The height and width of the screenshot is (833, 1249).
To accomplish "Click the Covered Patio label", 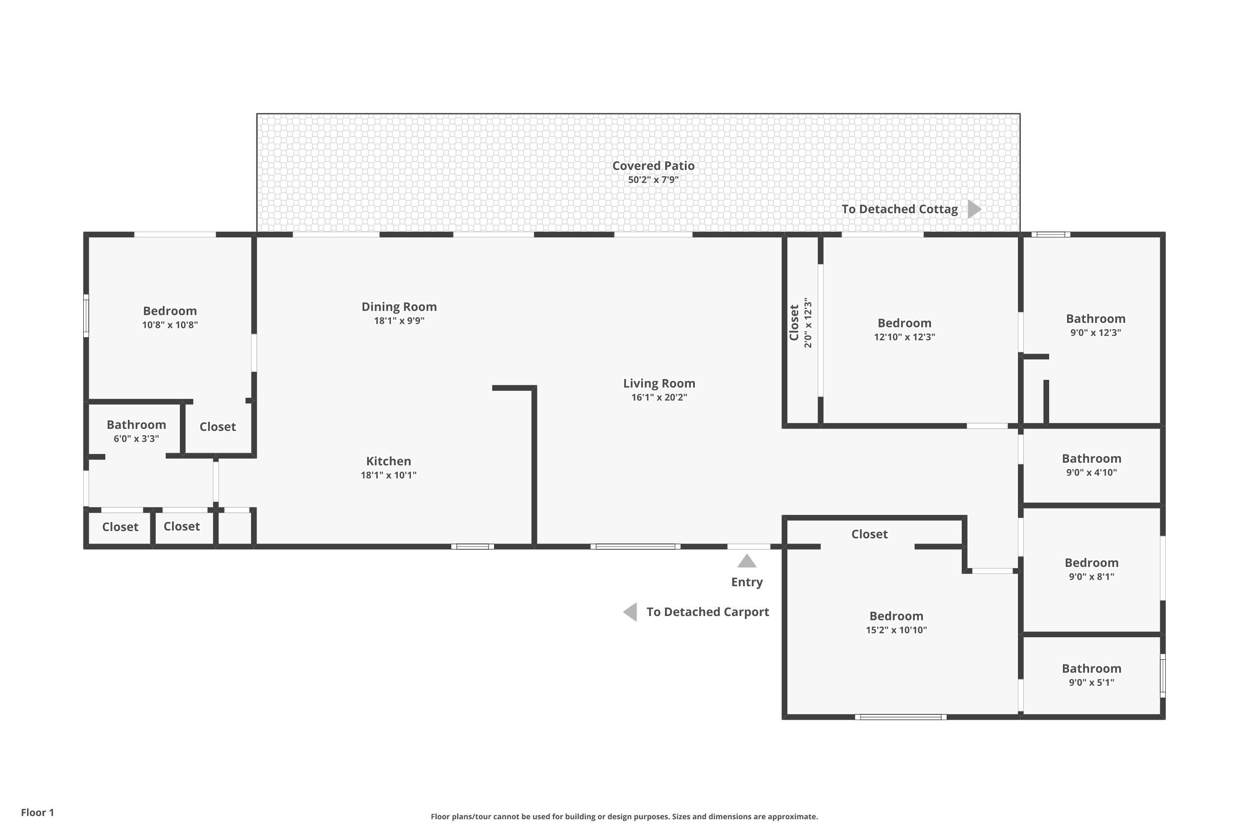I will [653, 166].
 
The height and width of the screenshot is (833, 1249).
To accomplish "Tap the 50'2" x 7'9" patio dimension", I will [653, 180].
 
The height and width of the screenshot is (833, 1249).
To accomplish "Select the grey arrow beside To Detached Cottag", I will [973, 209].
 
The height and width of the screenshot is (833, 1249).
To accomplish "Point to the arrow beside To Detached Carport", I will [630, 612].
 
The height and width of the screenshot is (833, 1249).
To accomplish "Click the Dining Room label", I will [399, 307].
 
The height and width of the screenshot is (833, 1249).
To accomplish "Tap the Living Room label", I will [659, 384].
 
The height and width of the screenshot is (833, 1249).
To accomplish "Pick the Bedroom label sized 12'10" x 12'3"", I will [904, 324].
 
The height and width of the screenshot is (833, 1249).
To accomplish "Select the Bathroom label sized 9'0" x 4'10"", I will [1091, 459].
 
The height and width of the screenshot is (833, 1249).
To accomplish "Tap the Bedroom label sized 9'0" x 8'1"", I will [1091, 563].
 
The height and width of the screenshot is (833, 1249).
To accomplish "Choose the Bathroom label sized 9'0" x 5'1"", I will [1091, 669].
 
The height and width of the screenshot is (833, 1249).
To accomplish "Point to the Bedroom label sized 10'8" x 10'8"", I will [169, 311].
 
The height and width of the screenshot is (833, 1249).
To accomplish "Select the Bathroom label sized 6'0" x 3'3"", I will [136, 425].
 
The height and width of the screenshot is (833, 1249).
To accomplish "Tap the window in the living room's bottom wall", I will [635, 546].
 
